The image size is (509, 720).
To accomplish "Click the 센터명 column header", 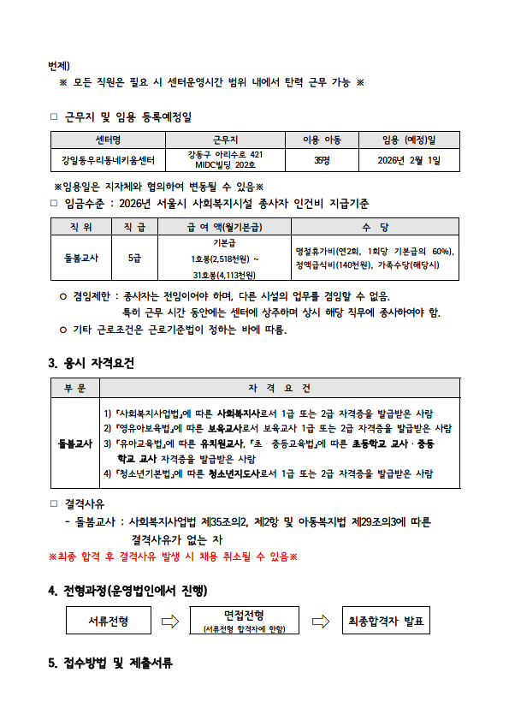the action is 108,140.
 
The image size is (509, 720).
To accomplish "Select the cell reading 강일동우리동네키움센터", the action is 108,160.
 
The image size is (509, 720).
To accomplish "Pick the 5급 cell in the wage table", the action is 135,257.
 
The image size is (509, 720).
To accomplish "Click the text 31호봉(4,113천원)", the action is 225,274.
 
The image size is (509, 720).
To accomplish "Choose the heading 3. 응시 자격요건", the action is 92,363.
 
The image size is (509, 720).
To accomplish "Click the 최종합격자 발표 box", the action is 384,620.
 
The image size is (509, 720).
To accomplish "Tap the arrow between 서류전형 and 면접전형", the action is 170,621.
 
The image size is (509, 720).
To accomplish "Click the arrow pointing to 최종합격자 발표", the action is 320,621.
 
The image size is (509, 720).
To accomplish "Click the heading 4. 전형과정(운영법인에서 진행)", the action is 127,592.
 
